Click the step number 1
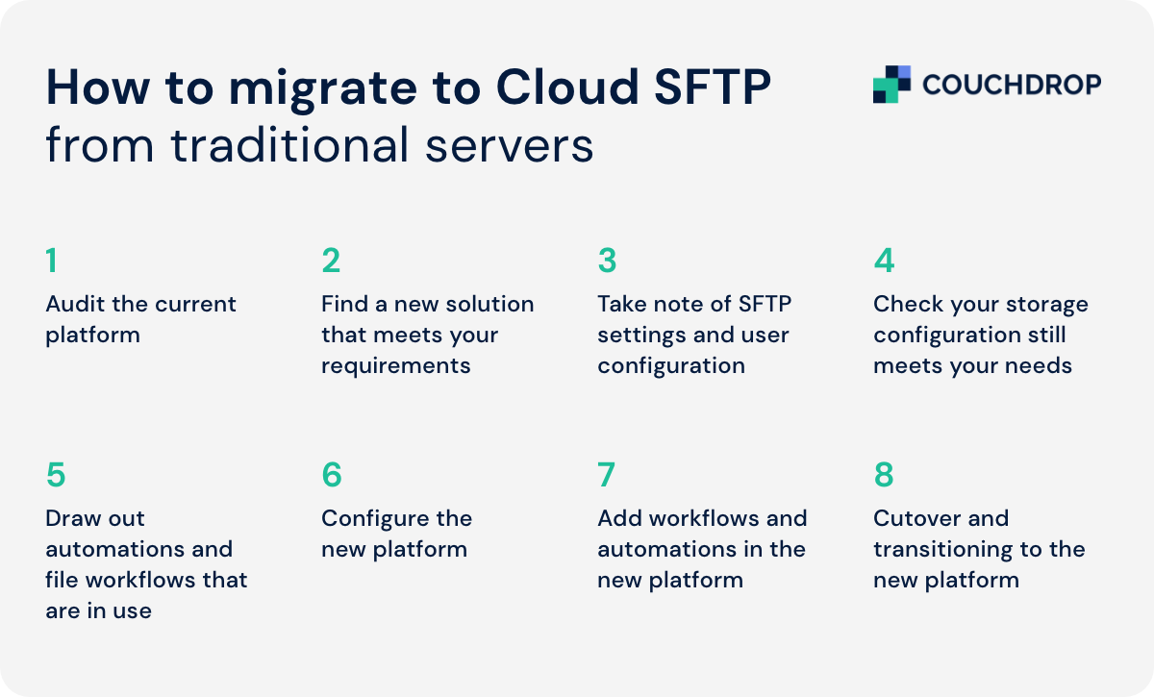click(x=51, y=261)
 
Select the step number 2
click(x=331, y=261)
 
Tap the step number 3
click(x=607, y=261)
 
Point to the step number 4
click(x=884, y=261)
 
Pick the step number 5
click(x=56, y=475)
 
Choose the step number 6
click(x=332, y=475)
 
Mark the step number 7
click(x=607, y=475)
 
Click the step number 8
click(x=884, y=475)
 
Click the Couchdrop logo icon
click(x=891, y=85)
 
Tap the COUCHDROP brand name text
click(x=1012, y=85)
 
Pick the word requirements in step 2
click(x=396, y=366)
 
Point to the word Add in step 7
click(x=617, y=518)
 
